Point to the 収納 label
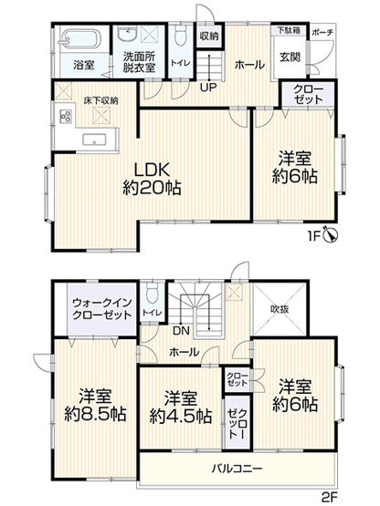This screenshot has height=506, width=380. (209, 36)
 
